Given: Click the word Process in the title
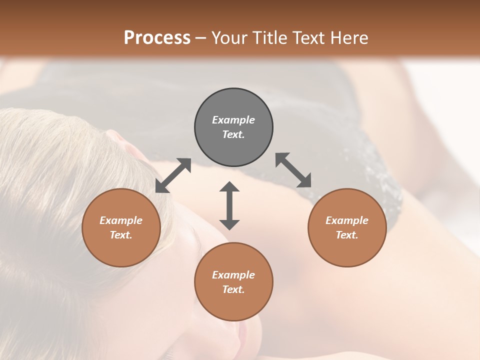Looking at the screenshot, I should coord(157,38).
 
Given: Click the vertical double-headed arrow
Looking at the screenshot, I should coord(229,205).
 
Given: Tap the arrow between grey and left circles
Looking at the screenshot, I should coord(173,175).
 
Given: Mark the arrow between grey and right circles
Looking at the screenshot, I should coord(293,170).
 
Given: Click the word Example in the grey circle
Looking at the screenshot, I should coord(233,120).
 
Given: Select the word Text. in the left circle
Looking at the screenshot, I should coord(121,235).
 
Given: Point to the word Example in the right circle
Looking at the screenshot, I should coord(347,220).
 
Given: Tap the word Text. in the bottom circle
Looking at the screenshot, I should coord(233,289).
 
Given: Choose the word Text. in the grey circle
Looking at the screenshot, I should coord(233,134).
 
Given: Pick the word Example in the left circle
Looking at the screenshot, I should coord(121,220).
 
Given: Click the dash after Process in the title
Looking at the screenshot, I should coord(200,38).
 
